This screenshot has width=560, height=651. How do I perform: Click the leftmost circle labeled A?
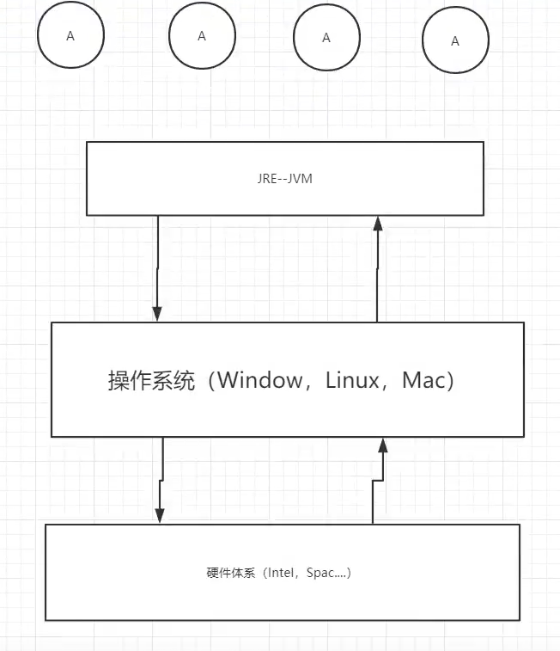click(70, 36)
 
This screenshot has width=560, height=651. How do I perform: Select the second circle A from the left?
click(202, 36)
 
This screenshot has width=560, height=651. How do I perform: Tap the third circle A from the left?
click(326, 38)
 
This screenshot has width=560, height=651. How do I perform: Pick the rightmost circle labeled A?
click(455, 40)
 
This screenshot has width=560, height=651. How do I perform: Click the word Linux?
click(352, 380)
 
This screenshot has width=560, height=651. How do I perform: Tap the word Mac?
click(423, 380)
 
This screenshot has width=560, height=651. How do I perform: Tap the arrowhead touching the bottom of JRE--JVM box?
click(376, 224)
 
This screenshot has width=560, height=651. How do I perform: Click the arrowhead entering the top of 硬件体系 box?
click(159, 515)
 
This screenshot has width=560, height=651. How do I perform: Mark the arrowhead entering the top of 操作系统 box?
click(156, 314)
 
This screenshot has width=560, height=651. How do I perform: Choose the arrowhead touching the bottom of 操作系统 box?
click(383, 445)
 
